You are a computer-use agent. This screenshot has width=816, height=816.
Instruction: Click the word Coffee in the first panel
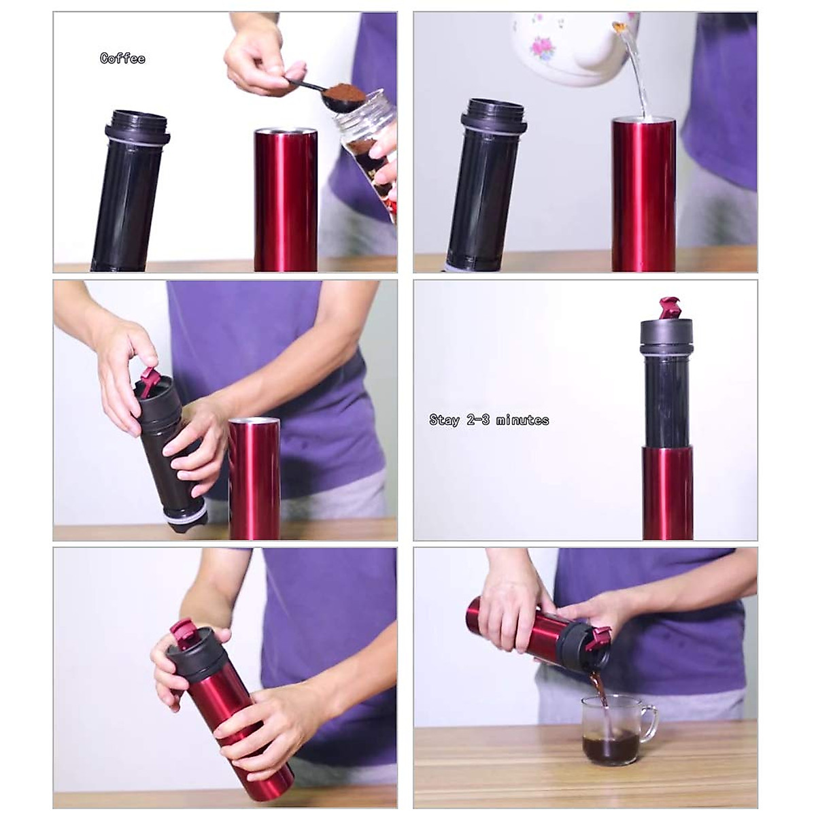pos(122,58)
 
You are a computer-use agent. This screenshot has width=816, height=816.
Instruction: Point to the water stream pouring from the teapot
pos(637,75)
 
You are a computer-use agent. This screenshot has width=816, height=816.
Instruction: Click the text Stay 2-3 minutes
pos(489,420)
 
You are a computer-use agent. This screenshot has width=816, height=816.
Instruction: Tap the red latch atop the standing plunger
pos(668,308)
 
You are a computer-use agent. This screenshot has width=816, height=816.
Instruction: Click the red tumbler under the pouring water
pos(643,194)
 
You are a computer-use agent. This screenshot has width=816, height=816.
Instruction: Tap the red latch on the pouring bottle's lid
pos(599,637)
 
